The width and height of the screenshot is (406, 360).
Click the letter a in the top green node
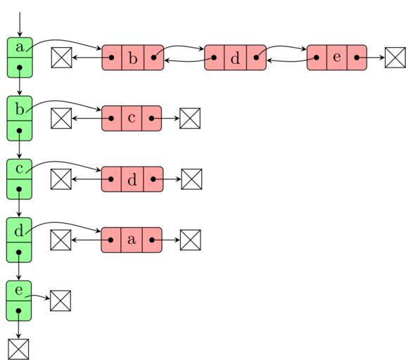tap(20, 47)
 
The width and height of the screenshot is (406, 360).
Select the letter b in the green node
tap(20, 109)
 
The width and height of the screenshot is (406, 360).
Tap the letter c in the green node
tap(19, 169)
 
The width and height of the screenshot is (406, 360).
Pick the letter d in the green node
tap(19, 230)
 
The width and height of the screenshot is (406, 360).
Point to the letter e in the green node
tap(18, 290)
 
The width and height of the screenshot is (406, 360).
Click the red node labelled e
tap(337, 58)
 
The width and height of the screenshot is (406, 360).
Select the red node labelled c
tap(132, 118)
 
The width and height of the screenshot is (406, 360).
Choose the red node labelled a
tap(132, 240)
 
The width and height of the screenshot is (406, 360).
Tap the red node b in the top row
tap(133, 58)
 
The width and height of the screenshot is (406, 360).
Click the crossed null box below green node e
tap(18, 349)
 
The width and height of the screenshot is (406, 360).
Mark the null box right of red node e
tap(395, 58)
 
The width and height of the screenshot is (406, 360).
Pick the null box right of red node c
tap(190, 118)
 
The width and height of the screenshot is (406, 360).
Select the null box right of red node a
tap(191, 240)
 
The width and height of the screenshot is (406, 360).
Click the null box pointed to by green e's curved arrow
tap(61, 301)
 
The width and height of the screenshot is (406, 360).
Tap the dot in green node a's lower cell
tap(20, 67)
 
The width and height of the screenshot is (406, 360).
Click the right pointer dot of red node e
tap(357, 58)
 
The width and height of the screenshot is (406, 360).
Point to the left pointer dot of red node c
tap(111, 118)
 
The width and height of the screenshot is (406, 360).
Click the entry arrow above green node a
tap(20, 25)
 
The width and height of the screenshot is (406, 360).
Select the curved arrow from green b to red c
tap(62, 101)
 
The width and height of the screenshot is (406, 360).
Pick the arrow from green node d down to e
tap(18, 266)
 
